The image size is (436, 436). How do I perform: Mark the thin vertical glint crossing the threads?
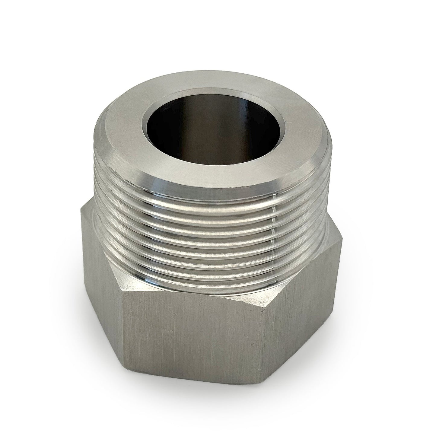pyautogui.click(x=273, y=235)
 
